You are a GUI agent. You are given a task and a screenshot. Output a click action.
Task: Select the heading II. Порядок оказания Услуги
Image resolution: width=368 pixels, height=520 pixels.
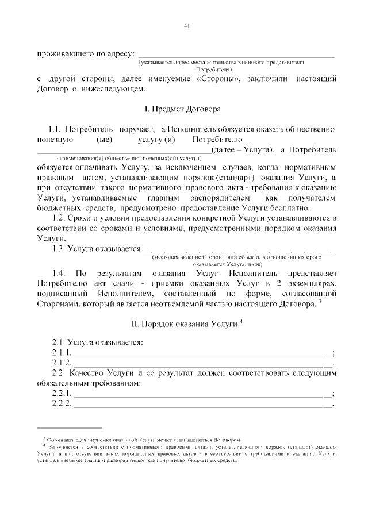pyautogui.click(x=183, y=324)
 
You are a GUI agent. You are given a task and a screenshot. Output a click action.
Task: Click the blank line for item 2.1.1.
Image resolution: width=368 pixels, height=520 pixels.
pyautogui.click(x=201, y=353)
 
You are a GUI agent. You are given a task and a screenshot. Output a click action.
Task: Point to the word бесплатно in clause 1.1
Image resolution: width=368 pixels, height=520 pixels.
pyautogui.click(x=292, y=208)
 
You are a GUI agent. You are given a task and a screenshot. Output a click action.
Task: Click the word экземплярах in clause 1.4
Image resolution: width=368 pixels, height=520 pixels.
pyautogui.click(x=311, y=283)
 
